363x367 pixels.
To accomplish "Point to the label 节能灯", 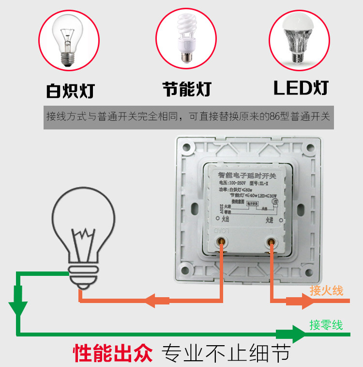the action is pyautogui.click(x=187, y=89).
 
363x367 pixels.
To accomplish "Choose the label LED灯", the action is pyautogui.click(x=301, y=88).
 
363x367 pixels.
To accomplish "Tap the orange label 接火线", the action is pyautogui.click(x=326, y=291).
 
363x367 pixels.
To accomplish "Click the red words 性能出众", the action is pyautogui.click(x=113, y=353).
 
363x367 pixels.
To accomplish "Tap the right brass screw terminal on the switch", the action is pyautogui.click(x=271, y=241).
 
